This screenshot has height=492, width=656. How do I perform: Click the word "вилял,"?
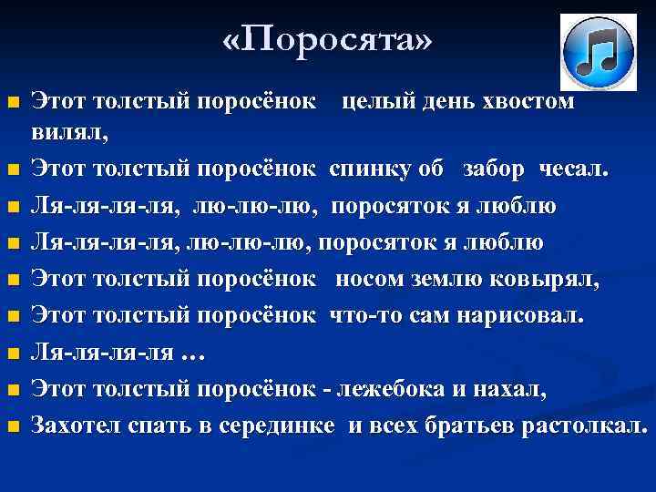pyautogui.click(x=69, y=133)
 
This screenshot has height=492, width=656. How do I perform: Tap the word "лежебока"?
pyautogui.click(x=393, y=390)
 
